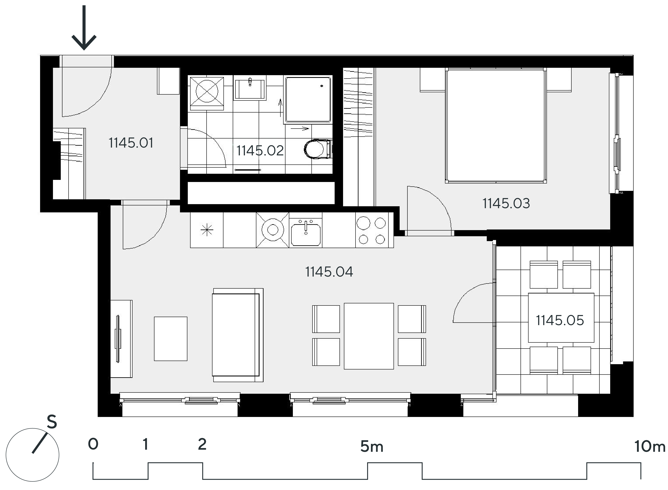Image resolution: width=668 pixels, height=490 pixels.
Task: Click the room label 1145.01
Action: [x=131, y=143]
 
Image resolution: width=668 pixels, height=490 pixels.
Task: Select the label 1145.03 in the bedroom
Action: [x=506, y=204]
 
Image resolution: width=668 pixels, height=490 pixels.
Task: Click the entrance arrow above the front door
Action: [x=84, y=28]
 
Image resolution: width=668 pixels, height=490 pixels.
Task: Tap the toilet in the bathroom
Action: [x=318, y=149]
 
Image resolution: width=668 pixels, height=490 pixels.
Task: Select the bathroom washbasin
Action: [x=250, y=87]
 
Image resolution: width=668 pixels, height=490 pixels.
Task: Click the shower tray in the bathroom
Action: [x=308, y=100]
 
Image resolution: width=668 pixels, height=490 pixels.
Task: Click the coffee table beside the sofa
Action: [x=171, y=339]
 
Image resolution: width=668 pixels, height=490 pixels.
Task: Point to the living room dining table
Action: [x=369, y=336]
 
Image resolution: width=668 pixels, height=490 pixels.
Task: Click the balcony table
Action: [x=561, y=318]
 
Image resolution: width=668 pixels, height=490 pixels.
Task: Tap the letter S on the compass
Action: [x=52, y=422]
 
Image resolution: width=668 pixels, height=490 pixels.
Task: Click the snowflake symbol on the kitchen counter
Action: [x=207, y=230]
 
